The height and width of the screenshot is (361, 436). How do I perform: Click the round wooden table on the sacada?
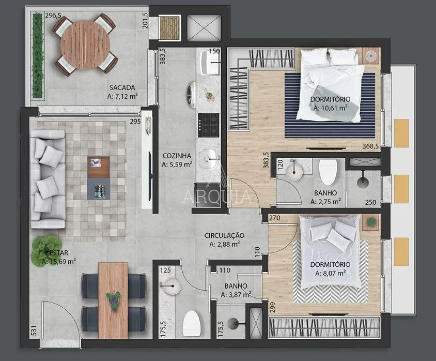[84, 45]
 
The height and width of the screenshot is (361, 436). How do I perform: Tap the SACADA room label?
[122, 87]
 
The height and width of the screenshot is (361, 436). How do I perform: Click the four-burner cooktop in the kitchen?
[208, 125]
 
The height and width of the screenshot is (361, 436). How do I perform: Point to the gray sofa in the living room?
[48, 179]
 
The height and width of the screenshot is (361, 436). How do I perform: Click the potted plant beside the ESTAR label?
[46, 250]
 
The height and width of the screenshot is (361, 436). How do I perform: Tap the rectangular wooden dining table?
[113, 300]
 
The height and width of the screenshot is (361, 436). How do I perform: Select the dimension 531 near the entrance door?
[35, 331]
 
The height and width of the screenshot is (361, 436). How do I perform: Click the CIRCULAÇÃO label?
[224, 235]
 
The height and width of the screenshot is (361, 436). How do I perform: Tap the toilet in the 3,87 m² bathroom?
[191, 323]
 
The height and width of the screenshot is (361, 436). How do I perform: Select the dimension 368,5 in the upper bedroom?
[371, 146]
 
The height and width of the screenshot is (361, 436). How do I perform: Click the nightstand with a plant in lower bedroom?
[371, 222]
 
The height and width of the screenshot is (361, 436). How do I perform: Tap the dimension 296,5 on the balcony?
[53, 16]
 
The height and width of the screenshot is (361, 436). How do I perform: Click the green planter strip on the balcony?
[38, 55]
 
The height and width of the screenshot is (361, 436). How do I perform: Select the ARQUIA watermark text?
[217, 196]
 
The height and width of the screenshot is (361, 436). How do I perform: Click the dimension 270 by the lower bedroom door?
[275, 218]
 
